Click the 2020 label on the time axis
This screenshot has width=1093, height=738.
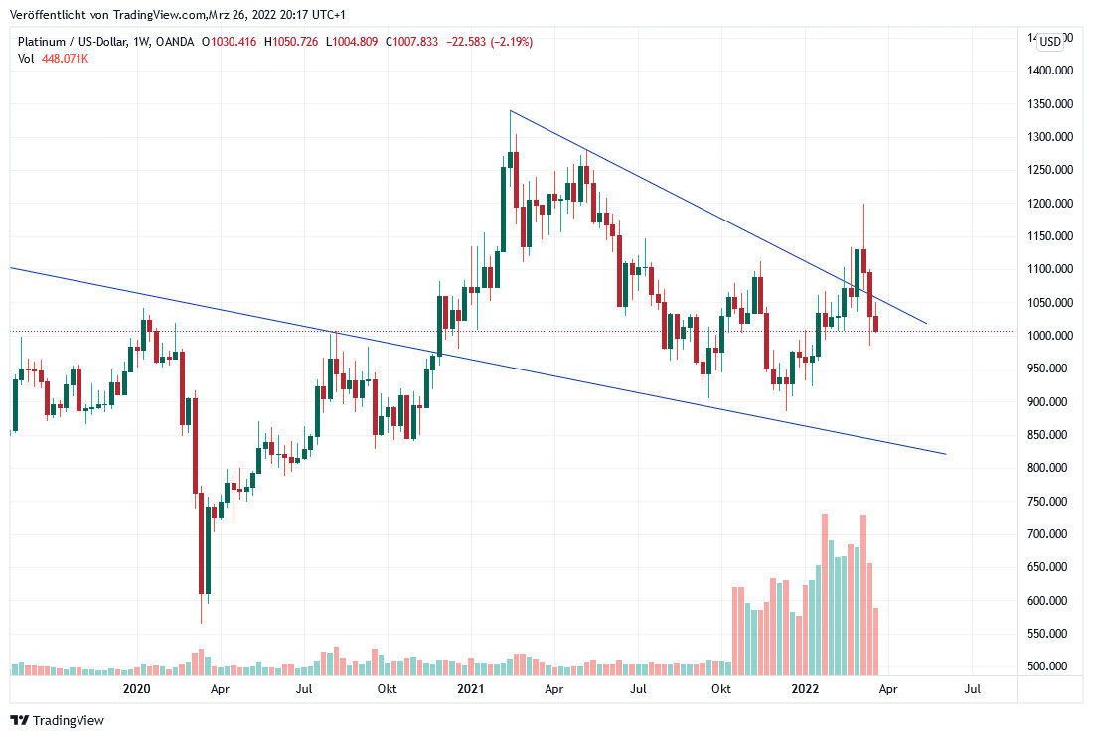point(136,688)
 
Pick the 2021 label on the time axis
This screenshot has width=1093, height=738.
point(470,688)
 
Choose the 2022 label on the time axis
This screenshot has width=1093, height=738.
point(804,688)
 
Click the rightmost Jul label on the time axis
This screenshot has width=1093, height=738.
point(973,688)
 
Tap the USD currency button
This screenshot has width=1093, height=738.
point(1050,41)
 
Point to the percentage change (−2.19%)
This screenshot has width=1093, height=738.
point(508,42)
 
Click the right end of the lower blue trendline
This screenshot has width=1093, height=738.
point(945,454)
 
